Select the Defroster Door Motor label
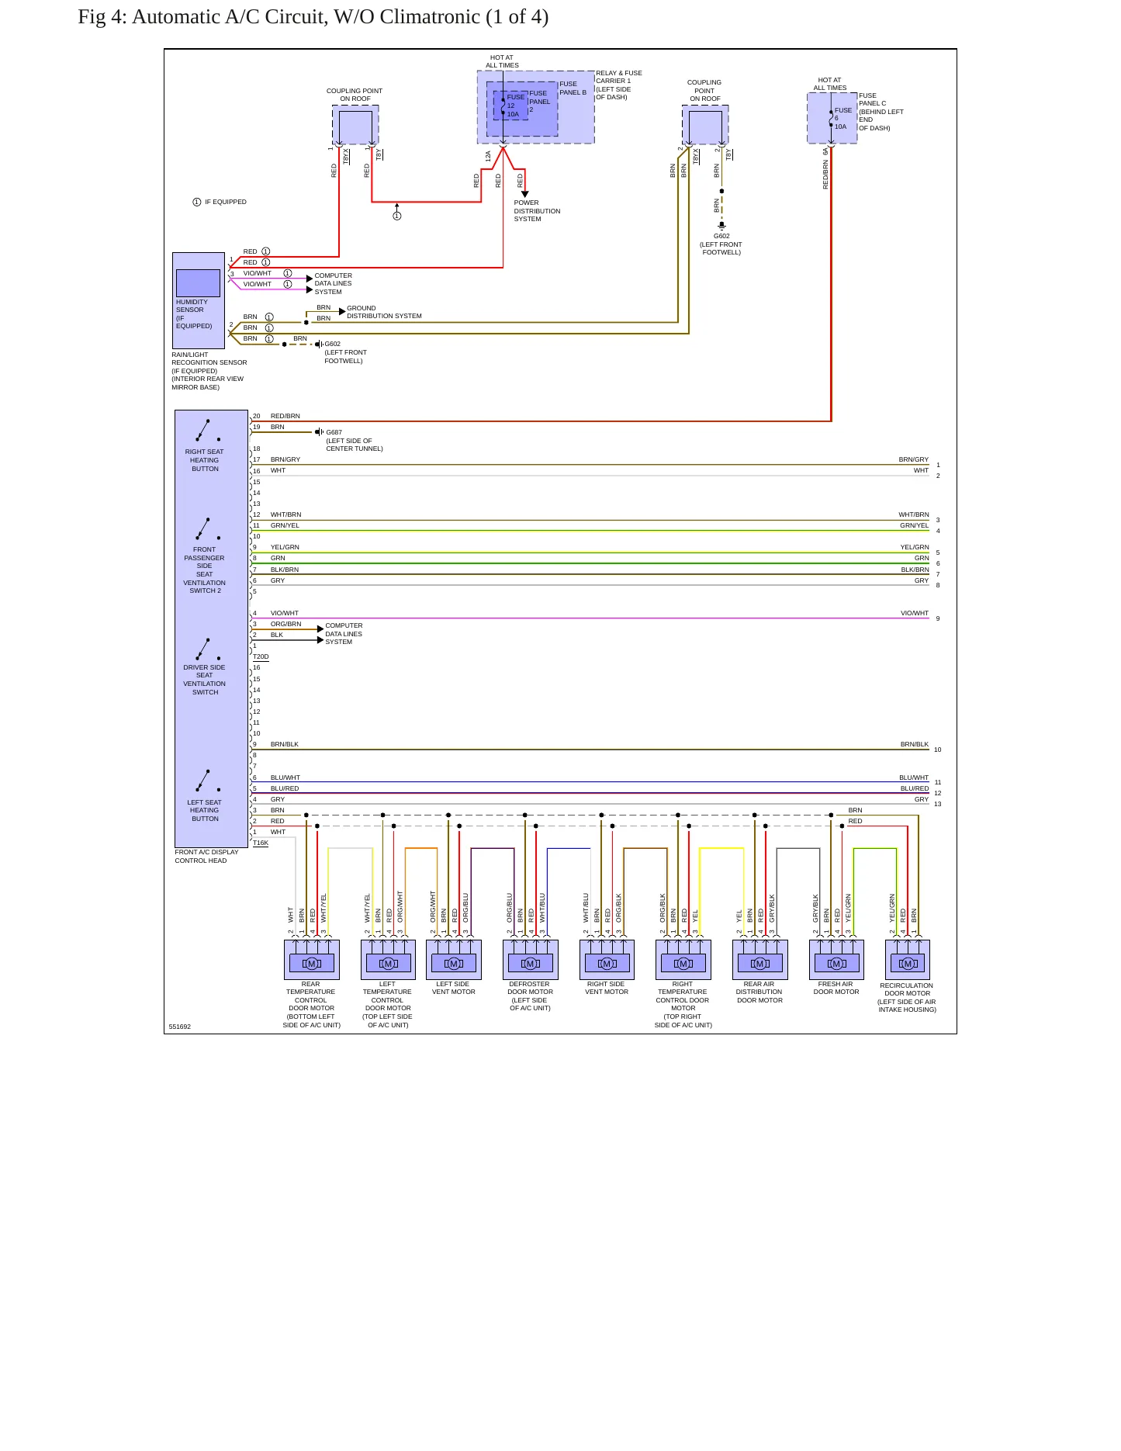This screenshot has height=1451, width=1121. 530,996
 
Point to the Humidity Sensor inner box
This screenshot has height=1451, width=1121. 198,283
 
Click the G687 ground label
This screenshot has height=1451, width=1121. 334,432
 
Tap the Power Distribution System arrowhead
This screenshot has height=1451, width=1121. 525,194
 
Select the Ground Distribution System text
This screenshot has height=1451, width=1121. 384,312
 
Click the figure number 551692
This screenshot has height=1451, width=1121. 180,1027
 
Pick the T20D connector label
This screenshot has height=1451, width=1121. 261,656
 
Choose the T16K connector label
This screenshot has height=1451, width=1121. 261,843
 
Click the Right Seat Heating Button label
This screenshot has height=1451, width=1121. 205,460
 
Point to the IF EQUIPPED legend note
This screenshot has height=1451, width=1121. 220,202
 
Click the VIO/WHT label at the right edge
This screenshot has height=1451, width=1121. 915,613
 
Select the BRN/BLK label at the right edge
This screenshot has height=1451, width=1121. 915,744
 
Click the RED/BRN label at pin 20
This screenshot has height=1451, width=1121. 285,416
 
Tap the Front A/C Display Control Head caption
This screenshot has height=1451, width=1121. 206,856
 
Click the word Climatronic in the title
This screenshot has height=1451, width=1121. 429,17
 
